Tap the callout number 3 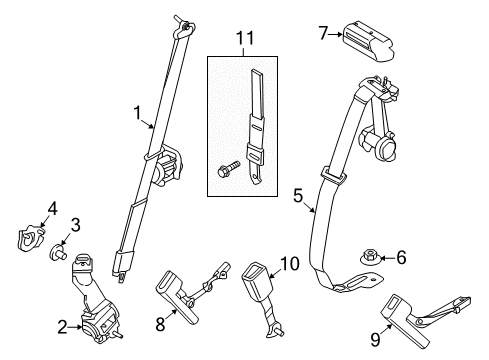tap(75, 224)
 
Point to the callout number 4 tap(53, 207)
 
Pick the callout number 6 tap(401, 257)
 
